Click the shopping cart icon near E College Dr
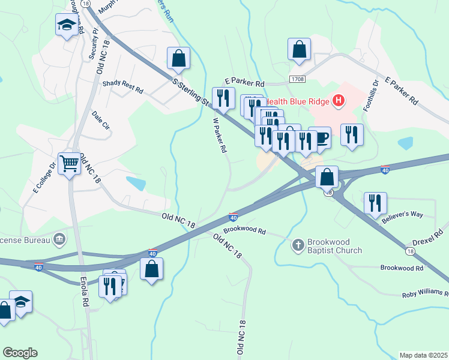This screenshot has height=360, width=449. coord(69,162)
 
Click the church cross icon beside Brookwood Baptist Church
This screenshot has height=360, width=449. coord(298,245)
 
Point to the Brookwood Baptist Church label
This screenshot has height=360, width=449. coord(334,246)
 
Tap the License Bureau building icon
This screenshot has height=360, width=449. coord(59,240)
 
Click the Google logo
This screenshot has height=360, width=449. coord(20,353)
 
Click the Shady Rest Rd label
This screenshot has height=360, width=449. coord(123,88)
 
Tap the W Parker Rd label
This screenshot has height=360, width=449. coord(220,133)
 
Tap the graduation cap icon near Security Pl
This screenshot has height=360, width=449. coord(67,25)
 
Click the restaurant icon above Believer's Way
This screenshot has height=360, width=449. coord(375,203)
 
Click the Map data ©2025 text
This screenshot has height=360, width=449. coord(423,355)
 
